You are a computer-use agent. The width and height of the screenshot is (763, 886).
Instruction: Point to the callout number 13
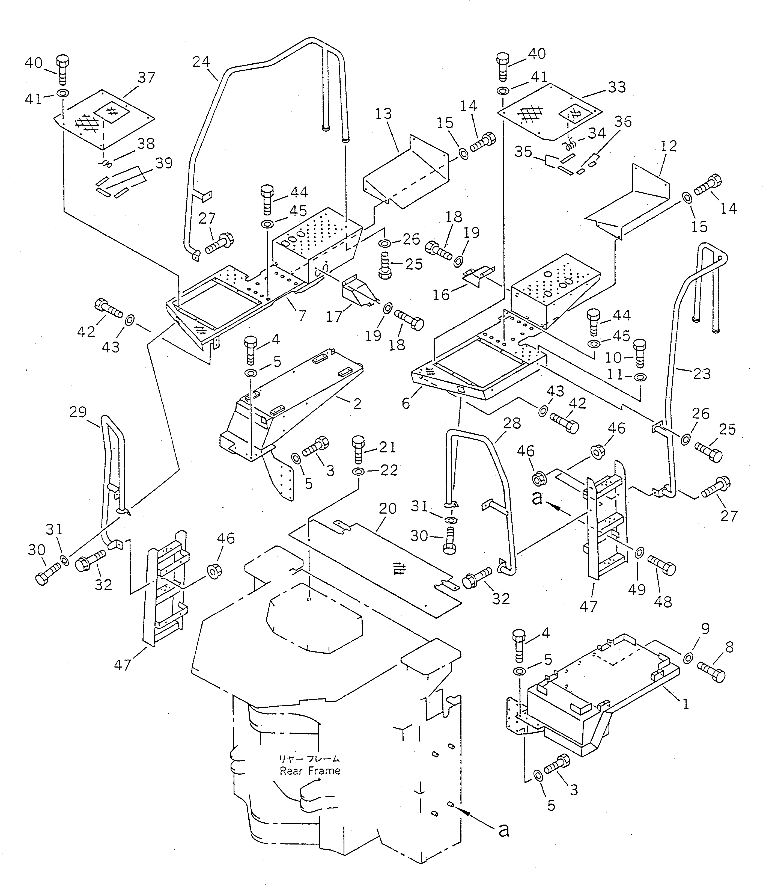click(383, 114)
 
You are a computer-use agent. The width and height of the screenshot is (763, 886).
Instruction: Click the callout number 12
click(669, 147)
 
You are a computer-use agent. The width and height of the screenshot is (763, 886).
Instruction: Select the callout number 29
click(78, 412)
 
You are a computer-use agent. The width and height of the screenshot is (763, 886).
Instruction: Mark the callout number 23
click(702, 374)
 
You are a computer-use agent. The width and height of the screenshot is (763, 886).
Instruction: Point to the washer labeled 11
click(640, 377)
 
